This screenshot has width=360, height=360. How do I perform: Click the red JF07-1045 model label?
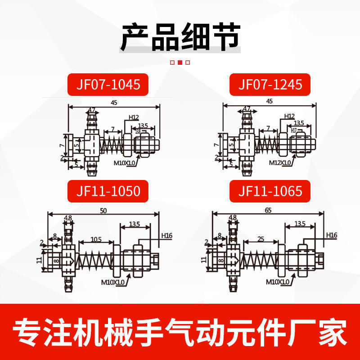107,84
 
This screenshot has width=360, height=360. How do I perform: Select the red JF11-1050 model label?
107,191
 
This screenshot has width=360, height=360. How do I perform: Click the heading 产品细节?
180,37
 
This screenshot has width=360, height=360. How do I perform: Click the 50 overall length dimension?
104,210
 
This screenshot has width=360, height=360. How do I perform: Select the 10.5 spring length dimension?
96,239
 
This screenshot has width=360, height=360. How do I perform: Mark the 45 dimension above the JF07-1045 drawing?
114,103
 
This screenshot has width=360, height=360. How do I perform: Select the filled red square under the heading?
180,63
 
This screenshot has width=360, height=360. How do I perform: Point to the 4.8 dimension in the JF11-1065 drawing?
233,217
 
